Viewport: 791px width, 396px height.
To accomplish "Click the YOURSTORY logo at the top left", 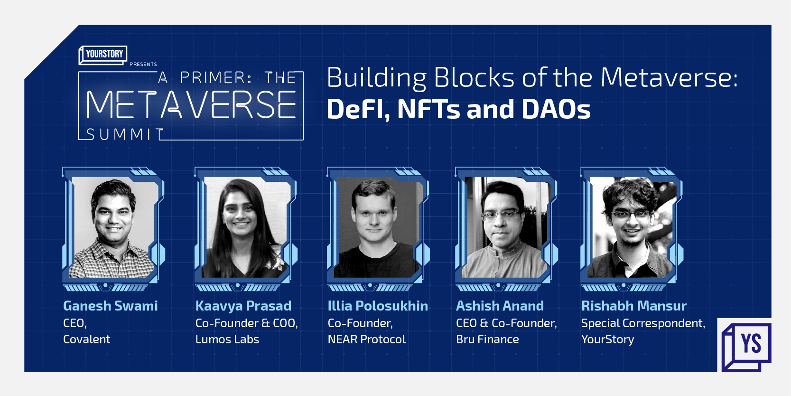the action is pos(103,55).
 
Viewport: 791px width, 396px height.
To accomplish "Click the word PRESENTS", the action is pos(143,64).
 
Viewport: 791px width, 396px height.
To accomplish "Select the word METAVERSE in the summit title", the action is pos(191,104).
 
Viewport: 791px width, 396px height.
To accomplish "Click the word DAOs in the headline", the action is pos(556,109).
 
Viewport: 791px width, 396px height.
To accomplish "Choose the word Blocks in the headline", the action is pos(474,77).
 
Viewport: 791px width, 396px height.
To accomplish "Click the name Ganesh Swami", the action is pos(110,306).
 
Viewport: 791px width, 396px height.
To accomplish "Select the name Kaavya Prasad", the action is pos(243,306).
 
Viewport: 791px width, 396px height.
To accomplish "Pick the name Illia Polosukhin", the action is pos(378,306).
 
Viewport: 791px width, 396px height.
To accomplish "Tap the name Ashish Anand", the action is pos(500,306).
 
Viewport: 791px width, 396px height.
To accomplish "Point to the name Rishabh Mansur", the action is pos(634,306).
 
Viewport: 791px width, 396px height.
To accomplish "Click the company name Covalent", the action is pos(86,339).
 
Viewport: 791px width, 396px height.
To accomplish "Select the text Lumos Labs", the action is pos(227,339).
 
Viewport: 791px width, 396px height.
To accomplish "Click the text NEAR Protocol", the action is pos(366,339).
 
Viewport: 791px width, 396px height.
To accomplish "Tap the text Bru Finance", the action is pos(487,339).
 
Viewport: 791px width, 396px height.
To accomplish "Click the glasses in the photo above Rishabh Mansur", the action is pos(631,215).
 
